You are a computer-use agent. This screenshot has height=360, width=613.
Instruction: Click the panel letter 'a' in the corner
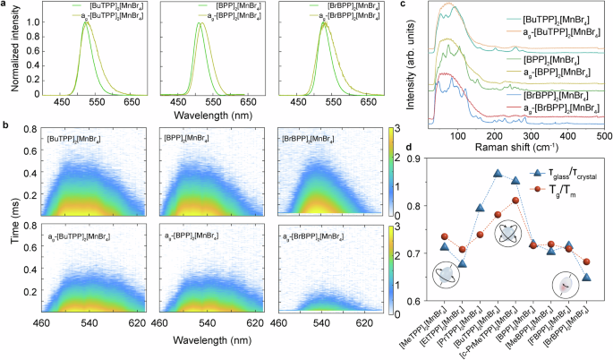click(5, 5)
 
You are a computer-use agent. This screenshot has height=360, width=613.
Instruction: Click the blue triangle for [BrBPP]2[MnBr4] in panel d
click(586, 277)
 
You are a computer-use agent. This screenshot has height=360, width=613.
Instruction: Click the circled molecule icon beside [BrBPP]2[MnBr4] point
click(564, 283)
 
